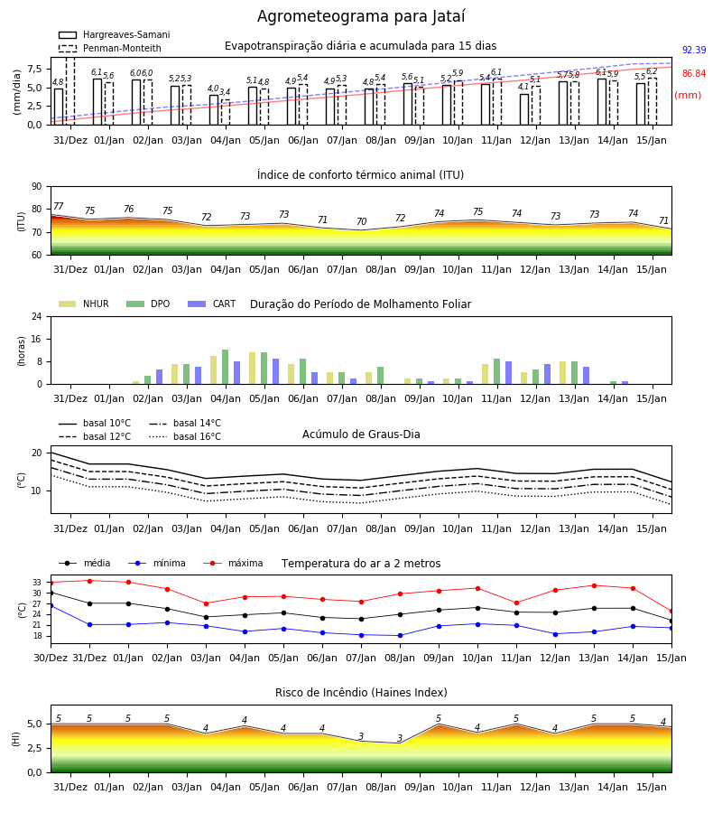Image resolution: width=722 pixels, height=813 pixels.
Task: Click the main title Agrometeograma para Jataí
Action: (x=361, y=16)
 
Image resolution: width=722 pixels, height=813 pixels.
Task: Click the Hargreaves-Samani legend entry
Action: (x=114, y=34)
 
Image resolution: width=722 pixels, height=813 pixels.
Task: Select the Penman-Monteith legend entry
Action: (x=110, y=48)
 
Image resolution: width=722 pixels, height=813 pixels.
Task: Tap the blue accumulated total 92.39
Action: (x=694, y=50)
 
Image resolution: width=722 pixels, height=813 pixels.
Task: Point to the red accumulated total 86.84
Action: (x=694, y=73)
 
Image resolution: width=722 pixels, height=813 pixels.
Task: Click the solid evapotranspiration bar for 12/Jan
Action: (x=524, y=109)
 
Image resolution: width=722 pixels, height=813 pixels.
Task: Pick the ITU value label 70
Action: (x=362, y=221)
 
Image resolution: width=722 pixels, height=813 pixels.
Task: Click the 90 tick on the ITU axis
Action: (x=37, y=187)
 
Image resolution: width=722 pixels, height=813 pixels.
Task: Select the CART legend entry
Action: (x=212, y=304)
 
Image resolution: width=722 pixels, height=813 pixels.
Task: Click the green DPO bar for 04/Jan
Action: (x=226, y=367)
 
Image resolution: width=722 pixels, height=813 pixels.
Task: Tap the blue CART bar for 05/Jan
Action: (x=275, y=371)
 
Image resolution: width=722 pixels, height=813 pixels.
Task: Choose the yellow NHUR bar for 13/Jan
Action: (x=562, y=373)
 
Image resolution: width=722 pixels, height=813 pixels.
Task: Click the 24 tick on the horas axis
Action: (x=37, y=316)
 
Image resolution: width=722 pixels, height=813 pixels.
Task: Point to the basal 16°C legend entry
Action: (x=185, y=436)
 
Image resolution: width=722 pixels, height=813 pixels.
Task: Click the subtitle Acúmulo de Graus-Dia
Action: (x=361, y=434)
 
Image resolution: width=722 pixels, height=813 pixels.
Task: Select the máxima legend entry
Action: (x=233, y=563)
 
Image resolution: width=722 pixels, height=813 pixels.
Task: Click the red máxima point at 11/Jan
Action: (x=516, y=603)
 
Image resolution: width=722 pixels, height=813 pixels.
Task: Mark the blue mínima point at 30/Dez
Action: (x=51, y=605)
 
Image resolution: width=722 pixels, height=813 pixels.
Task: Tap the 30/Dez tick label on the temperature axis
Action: (x=51, y=658)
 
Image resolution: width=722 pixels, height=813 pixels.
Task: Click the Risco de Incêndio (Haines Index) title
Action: (x=361, y=693)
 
